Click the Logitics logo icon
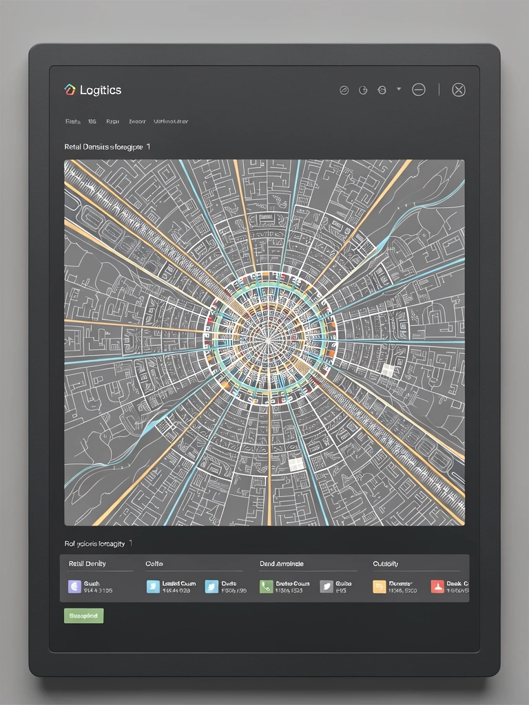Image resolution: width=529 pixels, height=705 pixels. coord(69,90)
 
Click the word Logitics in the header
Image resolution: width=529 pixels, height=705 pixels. coord(101,90)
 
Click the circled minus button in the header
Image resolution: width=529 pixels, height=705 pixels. coord(418,90)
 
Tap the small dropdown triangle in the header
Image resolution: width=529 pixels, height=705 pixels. coord(399,89)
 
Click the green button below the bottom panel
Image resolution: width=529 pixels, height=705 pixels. coord(83,615)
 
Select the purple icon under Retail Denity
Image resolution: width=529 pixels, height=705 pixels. coord(74,587)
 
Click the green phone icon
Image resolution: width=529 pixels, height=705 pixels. coord(267,587)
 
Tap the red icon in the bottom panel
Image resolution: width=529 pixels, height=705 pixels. coord(437,587)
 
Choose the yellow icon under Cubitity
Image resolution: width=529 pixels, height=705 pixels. coord(380,587)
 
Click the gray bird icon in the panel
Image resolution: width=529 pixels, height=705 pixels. coord(326,587)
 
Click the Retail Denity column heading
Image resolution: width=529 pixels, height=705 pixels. coord(87,564)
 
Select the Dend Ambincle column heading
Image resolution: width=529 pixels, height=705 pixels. coord(282,564)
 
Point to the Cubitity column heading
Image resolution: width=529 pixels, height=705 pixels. coord(386,564)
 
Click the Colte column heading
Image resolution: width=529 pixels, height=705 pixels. coord(154,564)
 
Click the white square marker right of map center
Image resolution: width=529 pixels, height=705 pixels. coord(388,370)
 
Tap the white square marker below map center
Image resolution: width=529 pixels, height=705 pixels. coord(296,465)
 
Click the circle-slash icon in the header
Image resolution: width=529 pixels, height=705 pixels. coord(344,90)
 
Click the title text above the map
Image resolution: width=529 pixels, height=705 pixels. coord(107,147)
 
